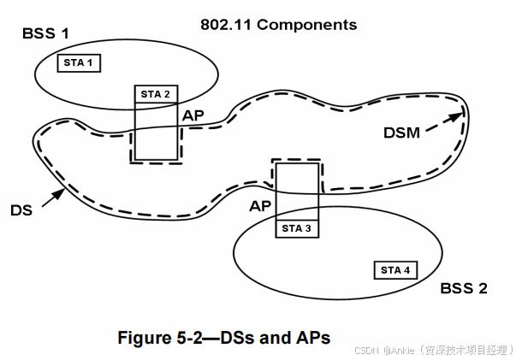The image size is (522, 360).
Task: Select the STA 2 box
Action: (x=156, y=94)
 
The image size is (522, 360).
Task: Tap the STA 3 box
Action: (x=296, y=227)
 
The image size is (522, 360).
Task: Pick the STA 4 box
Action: (x=395, y=270)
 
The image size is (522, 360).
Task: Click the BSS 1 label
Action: (x=45, y=34)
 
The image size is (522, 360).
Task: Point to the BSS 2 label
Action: (x=464, y=288)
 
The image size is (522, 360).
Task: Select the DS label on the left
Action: (x=22, y=210)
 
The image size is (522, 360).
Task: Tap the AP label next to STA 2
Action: (x=193, y=114)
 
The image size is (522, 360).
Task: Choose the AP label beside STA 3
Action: (x=260, y=206)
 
